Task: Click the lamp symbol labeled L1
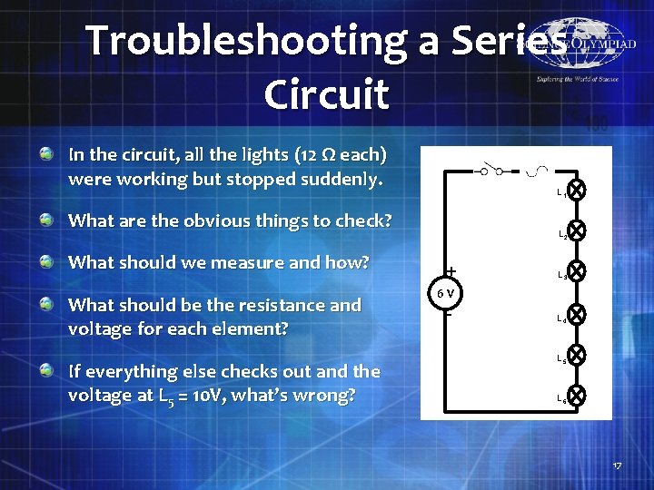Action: coord(577,191)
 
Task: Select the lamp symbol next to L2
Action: coord(577,231)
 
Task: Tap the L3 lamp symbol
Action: coord(577,271)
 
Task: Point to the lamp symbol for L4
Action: coord(577,315)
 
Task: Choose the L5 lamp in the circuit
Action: coord(577,355)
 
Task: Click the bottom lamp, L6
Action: coord(577,396)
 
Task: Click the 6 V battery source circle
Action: coord(447,294)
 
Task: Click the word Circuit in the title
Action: coord(326,93)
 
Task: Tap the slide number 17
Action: coord(617,465)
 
